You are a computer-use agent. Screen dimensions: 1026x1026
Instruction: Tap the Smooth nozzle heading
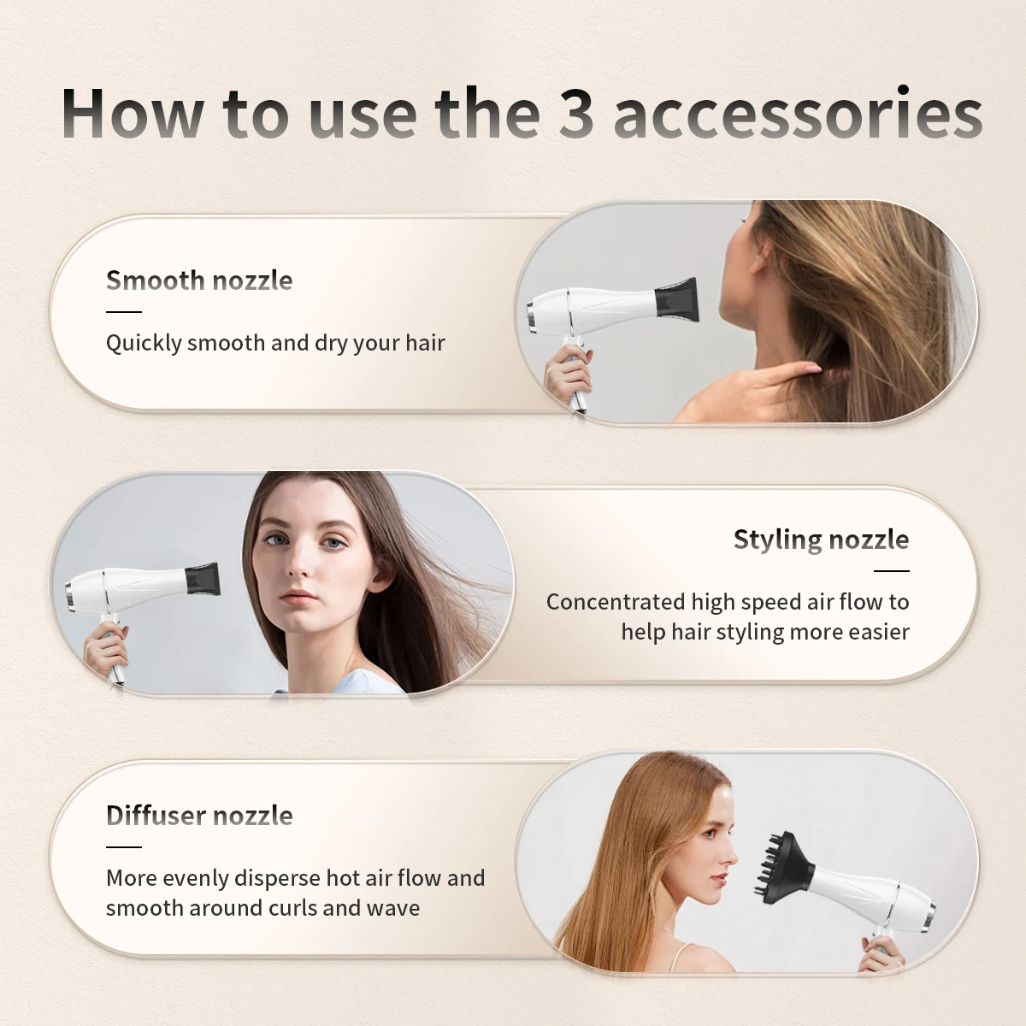click(x=199, y=280)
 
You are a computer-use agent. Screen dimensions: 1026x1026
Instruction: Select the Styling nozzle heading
click(x=821, y=540)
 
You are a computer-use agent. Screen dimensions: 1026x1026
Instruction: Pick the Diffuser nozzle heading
click(x=199, y=816)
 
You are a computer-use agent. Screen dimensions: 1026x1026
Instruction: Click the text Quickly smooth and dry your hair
click(x=275, y=343)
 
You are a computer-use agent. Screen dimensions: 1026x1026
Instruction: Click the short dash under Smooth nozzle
click(x=123, y=312)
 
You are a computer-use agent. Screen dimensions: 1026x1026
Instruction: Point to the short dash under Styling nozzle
click(x=892, y=570)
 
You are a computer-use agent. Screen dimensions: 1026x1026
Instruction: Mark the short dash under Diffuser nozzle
click(x=123, y=846)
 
